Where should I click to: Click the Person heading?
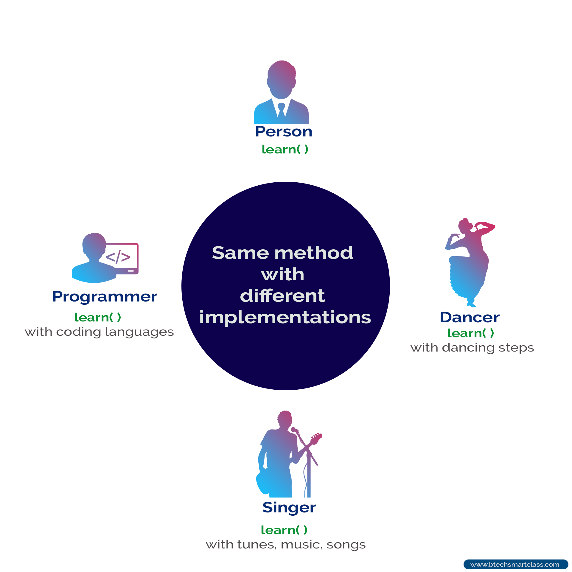click(284, 131)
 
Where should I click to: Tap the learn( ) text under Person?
click(285, 149)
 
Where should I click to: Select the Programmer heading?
click(105, 297)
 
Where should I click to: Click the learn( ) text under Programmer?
click(97, 317)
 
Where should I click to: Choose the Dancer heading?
click(470, 317)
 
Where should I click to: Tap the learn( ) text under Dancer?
click(471, 333)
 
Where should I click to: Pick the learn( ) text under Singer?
click(284, 530)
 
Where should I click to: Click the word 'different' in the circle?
click(282, 296)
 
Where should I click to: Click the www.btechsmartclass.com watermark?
click(515, 565)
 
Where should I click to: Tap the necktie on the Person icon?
click(281, 110)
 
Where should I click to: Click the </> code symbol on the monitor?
click(118, 257)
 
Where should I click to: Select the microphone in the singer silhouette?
click(294, 430)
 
